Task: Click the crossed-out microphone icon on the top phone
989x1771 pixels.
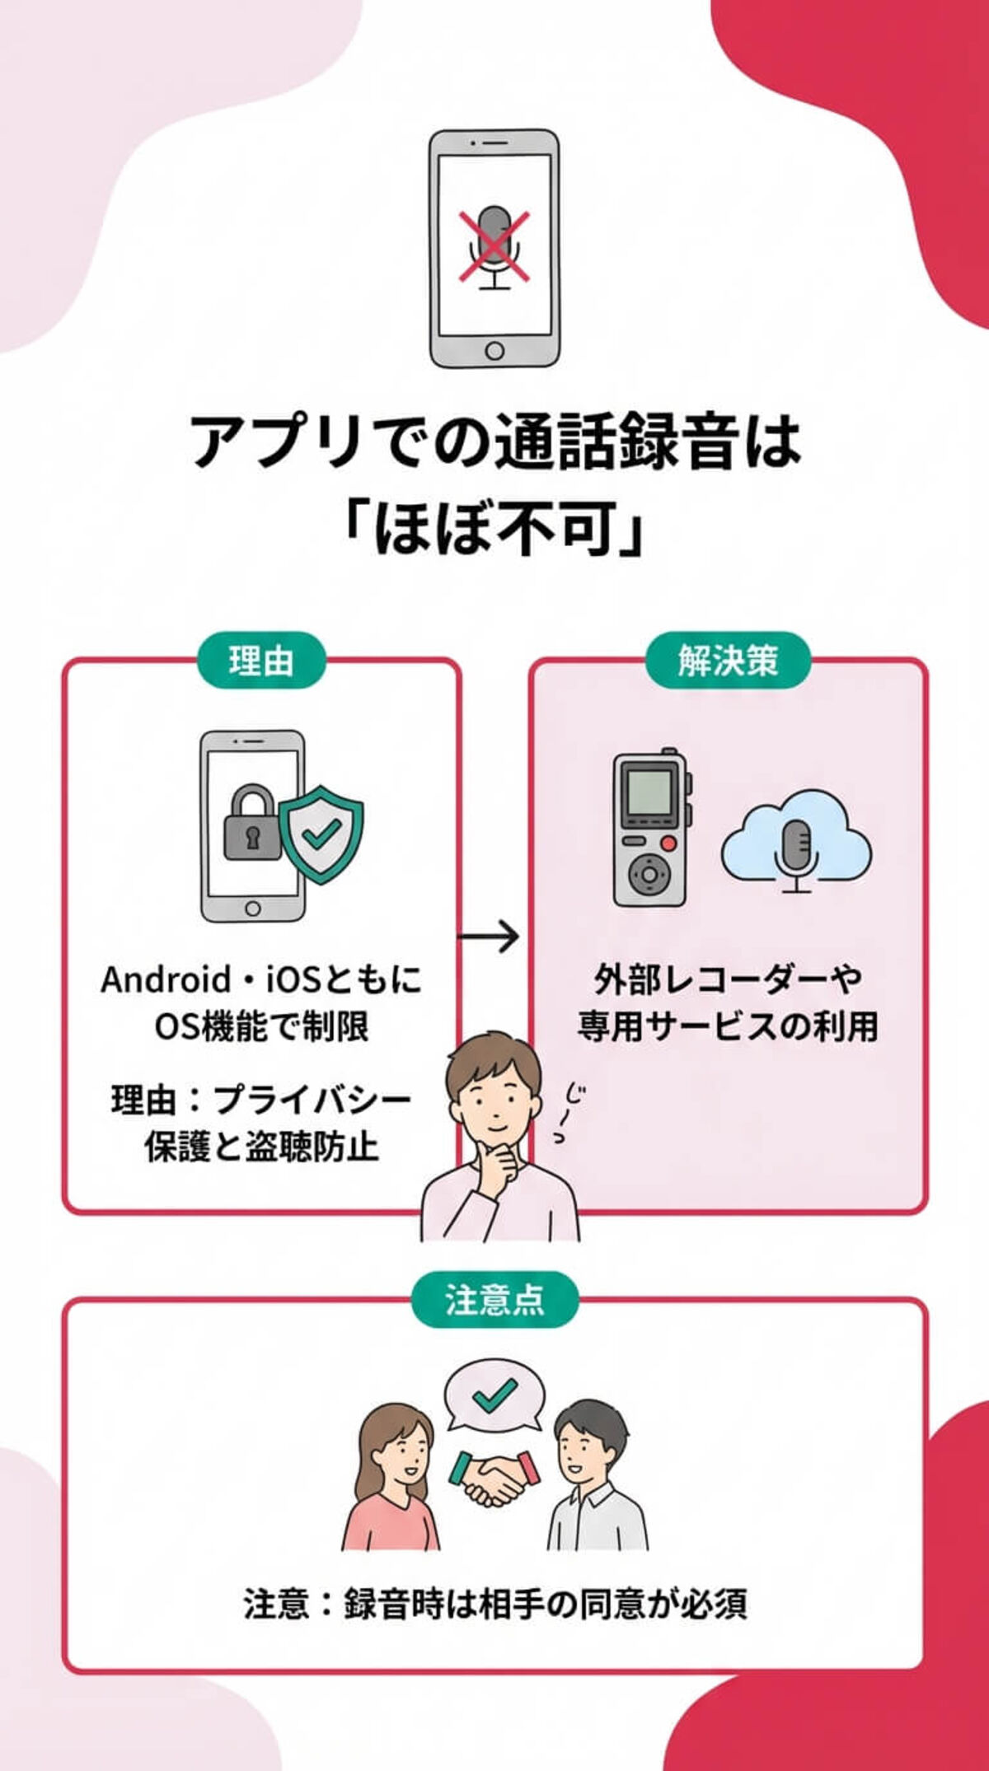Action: [494, 246]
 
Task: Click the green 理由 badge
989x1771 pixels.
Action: [261, 661]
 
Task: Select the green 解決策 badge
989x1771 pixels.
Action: [728, 661]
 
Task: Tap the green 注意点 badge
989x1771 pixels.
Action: [494, 1300]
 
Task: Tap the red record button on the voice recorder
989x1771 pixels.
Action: [669, 843]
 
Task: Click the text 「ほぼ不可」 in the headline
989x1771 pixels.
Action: [494, 527]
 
